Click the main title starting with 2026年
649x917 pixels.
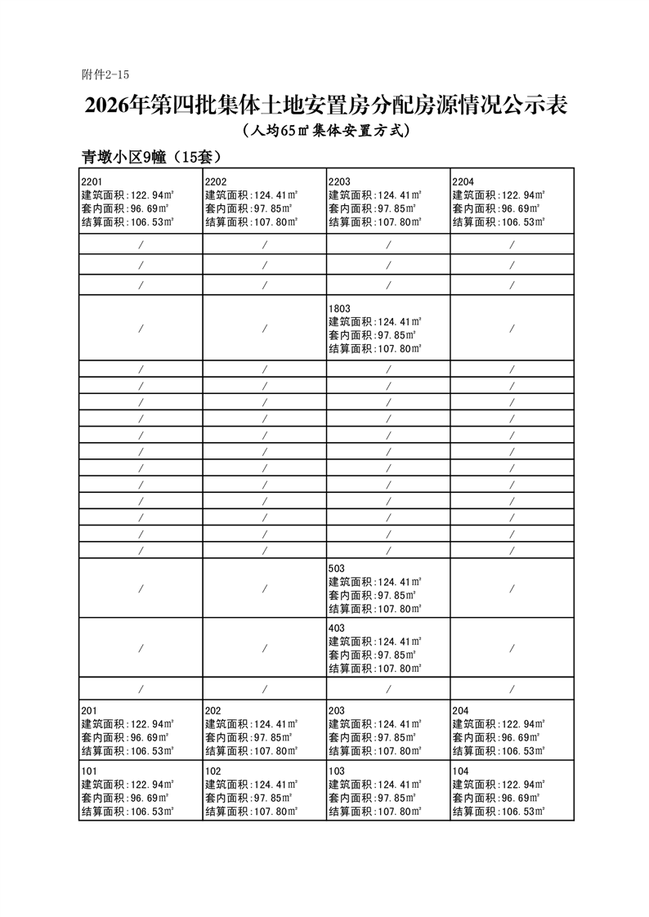pyautogui.click(x=325, y=106)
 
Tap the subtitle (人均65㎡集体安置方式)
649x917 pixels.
pyautogui.click(x=325, y=131)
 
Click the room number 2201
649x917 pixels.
pyautogui.click(x=92, y=181)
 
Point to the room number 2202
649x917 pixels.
pyautogui.click(x=216, y=181)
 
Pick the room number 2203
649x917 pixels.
pyautogui.click(x=339, y=181)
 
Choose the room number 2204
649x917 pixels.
pyautogui.click(x=463, y=181)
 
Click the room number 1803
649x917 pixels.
pyautogui.click(x=339, y=308)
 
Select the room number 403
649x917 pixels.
pyautogui.click(x=337, y=628)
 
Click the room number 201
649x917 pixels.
pyautogui.click(x=89, y=710)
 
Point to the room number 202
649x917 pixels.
pyautogui.click(x=213, y=710)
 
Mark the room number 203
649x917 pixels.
pyautogui.click(x=337, y=710)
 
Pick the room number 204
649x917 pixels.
pyautogui.click(x=460, y=710)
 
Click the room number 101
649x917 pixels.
pyautogui.click(x=89, y=771)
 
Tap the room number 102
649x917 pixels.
pyautogui.click(x=213, y=771)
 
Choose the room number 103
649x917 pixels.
pyautogui.click(x=337, y=771)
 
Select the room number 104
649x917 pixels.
pyautogui.click(x=460, y=771)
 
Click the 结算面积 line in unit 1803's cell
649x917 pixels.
pyautogui.click(x=375, y=348)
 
